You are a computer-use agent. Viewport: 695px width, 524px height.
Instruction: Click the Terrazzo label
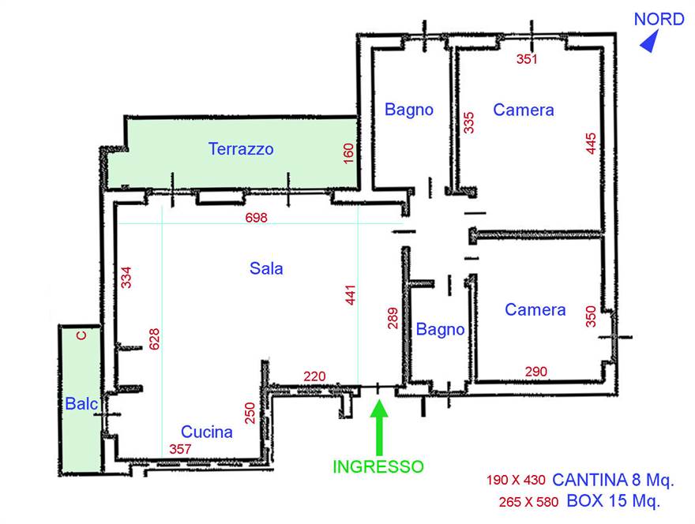click(241, 148)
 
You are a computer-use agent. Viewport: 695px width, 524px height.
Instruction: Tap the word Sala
click(266, 268)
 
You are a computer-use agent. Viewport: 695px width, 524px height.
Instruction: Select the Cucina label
click(207, 432)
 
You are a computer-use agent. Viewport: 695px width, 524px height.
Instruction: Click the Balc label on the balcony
click(81, 404)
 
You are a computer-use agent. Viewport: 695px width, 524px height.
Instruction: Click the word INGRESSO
click(378, 466)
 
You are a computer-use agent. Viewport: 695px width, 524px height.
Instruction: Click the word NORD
click(659, 20)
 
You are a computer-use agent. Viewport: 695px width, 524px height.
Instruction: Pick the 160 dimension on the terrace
click(349, 152)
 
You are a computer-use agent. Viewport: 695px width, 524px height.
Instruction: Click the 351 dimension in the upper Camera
click(527, 58)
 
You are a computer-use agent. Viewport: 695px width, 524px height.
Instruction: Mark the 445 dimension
click(592, 143)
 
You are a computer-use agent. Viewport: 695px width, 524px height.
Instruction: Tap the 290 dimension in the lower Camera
click(535, 371)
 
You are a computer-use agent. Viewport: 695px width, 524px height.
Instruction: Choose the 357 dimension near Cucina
click(181, 448)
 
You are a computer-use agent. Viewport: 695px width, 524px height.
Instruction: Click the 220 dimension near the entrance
click(314, 376)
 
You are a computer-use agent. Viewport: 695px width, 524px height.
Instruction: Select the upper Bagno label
click(409, 110)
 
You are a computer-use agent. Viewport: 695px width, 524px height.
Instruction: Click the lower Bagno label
click(441, 329)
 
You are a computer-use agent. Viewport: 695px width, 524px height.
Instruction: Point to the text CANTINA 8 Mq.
click(613, 479)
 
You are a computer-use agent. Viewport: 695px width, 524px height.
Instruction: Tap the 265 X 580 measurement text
click(529, 501)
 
